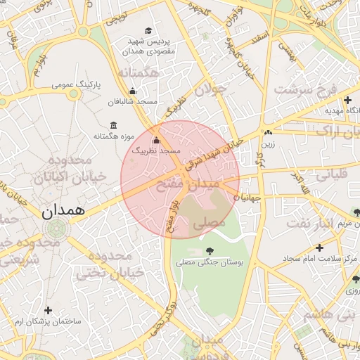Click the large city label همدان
click(x=63, y=210)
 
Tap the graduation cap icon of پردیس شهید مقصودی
click(x=148, y=30)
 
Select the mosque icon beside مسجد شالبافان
click(x=132, y=91)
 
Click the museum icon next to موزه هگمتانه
click(x=113, y=125)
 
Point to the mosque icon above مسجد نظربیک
click(x=156, y=140)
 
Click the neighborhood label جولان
click(x=211, y=91)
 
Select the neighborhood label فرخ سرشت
click(x=307, y=89)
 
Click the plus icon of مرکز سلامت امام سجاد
click(x=320, y=247)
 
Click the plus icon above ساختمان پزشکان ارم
click(x=49, y=310)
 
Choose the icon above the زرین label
click(x=268, y=132)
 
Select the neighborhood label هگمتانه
click(x=141, y=73)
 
